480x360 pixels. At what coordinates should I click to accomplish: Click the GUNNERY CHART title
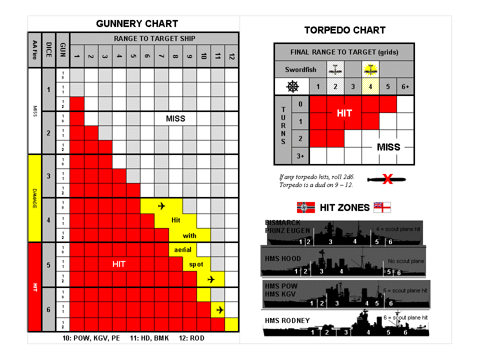coord(137,23)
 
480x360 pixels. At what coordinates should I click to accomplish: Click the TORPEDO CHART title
coord(345,30)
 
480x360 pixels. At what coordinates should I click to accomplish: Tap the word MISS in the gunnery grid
coord(175,118)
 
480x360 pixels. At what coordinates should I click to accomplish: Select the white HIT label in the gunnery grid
coord(118,264)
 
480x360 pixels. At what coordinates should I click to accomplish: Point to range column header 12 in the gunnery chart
coord(231,56)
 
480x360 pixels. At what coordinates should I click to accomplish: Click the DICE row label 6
coord(48,309)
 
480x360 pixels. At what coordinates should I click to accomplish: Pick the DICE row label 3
coord(48,176)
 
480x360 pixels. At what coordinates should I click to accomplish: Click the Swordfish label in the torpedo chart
coord(300,69)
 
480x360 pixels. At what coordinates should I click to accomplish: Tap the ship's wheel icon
coord(292,86)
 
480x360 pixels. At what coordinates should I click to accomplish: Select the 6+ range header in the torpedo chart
coord(405,86)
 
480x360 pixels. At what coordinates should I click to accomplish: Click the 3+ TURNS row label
coord(300,156)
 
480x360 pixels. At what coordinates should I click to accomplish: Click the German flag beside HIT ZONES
coord(306,207)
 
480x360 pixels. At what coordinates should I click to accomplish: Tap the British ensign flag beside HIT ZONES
coord(382,207)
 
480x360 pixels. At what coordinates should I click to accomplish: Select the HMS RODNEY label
coord(287,320)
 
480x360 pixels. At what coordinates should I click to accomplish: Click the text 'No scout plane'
coord(406,261)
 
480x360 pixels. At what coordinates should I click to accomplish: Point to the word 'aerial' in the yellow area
coord(183,249)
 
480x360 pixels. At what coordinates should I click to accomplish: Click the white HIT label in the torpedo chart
coord(344,113)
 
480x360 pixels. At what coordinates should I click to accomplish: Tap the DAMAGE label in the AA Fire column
coord(34,198)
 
